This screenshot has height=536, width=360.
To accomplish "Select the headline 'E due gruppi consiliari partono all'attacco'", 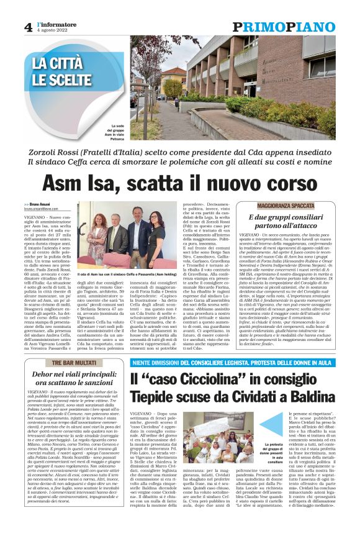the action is click(286, 222).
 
